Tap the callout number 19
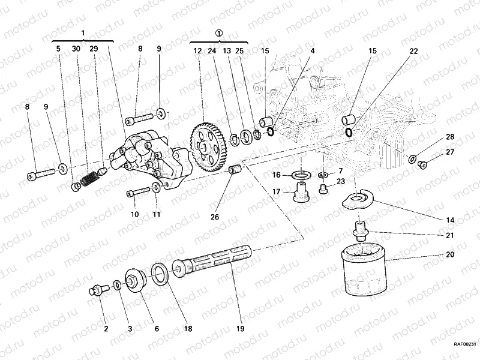(x=240, y=328)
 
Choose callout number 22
(x=414, y=52)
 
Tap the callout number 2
(x=106, y=328)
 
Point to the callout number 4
(x=312, y=52)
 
